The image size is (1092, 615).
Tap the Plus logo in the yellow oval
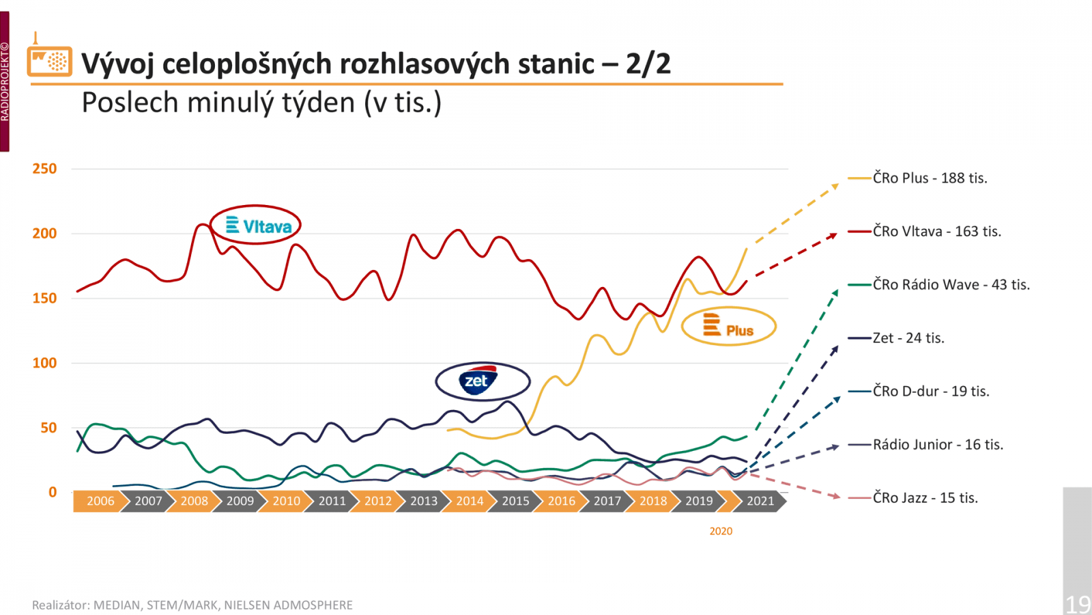click(729, 327)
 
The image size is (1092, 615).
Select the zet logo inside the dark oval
click(478, 381)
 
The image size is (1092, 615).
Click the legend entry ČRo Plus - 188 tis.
click(930, 178)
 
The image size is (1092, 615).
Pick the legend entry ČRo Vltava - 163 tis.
click(936, 232)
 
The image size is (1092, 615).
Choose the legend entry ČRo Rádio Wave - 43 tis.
click(951, 285)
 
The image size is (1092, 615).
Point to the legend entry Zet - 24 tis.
click(908, 338)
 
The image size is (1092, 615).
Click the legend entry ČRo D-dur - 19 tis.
click(930, 392)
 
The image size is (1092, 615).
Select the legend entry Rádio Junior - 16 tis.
click(938, 445)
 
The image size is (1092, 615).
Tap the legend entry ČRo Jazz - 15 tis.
click(925, 498)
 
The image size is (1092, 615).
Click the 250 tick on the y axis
click(45, 169)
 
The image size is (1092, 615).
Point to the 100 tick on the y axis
click(45, 363)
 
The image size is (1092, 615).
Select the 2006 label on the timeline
click(100, 501)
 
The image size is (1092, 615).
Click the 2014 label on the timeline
click(470, 501)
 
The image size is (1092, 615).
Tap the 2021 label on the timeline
click(760, 501)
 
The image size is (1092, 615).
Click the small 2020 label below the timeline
click(721, 531)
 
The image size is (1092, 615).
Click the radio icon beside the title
click(49, 60)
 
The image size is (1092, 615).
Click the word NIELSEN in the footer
click(247, 605)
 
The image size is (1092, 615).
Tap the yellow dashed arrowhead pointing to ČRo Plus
click(835, 186)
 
